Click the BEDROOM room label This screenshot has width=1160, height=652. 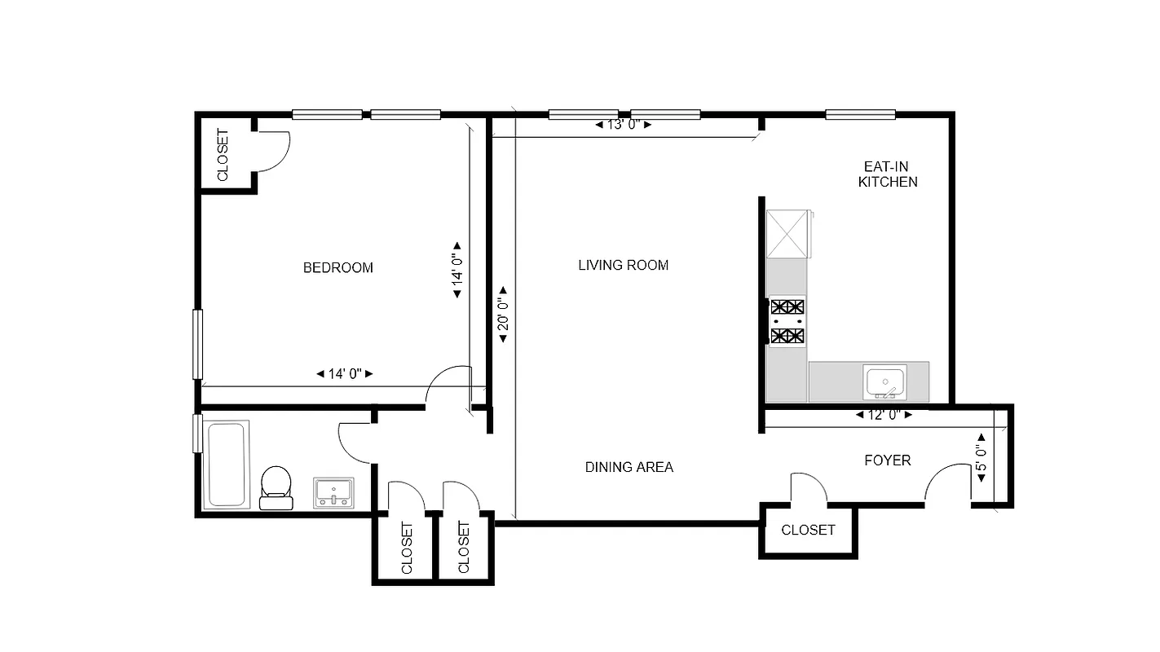(337, 267)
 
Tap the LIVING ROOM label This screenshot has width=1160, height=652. (623, 265)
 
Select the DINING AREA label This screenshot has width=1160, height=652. (629, 467)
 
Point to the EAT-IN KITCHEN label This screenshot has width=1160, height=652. (887, 174)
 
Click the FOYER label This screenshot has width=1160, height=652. (887, 460)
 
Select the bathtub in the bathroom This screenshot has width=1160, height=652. (227, 464)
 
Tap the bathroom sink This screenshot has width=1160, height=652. (334, 492)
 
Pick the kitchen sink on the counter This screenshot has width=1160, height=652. (885, 381)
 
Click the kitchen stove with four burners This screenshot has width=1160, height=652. (787, 321)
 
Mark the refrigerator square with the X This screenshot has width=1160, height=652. (787, 234)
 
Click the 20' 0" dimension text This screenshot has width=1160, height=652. (503, 315)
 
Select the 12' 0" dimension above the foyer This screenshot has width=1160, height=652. (884, 415)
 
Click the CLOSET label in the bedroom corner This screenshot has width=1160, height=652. (223, 155)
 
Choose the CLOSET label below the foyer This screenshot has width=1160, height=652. (808, 530)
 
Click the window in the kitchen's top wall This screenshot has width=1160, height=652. (860, 115)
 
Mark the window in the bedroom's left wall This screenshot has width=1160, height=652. (196, 343)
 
